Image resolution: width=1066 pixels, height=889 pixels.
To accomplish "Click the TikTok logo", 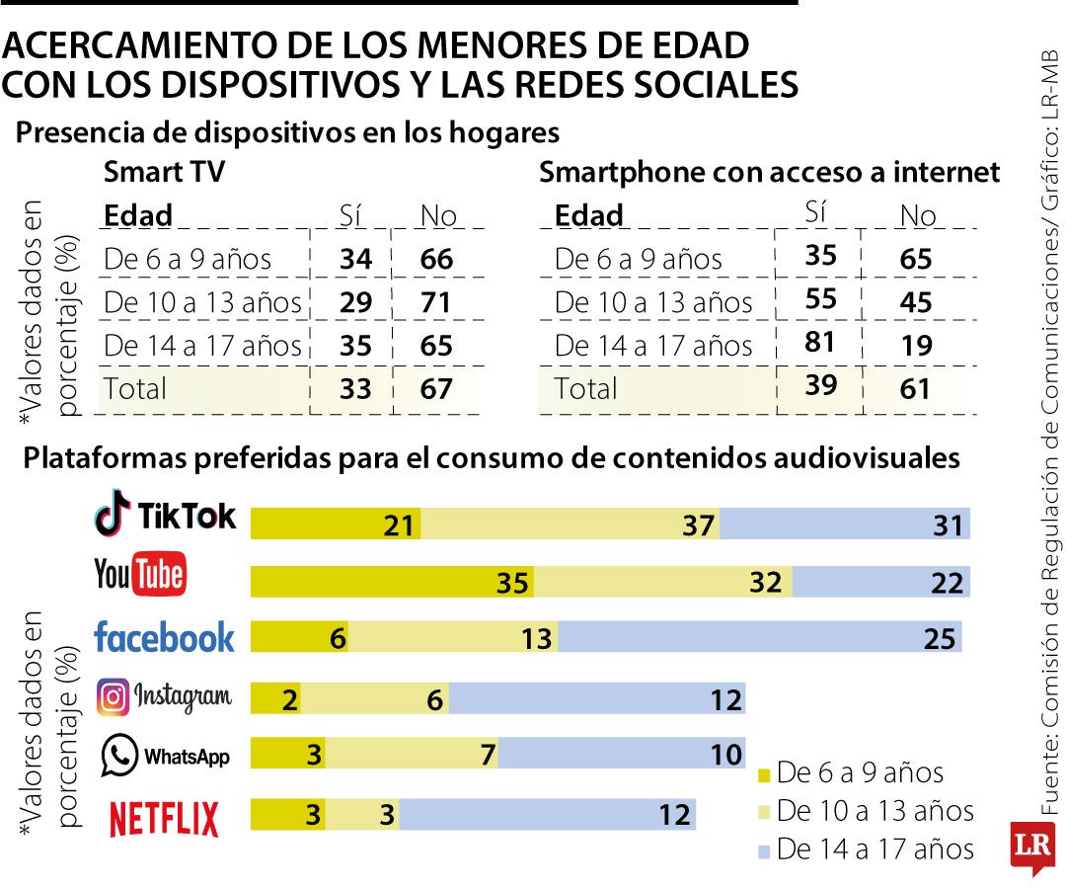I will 165,515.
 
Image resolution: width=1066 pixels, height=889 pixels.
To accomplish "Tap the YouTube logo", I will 140,575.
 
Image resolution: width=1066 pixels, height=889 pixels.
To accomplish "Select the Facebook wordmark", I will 164,638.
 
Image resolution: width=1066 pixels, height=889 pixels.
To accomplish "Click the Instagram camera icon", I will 114,697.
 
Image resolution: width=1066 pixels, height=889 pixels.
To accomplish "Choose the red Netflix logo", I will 164,819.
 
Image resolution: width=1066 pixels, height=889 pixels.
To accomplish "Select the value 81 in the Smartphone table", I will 820,342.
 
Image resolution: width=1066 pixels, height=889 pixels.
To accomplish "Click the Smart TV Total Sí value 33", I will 355,388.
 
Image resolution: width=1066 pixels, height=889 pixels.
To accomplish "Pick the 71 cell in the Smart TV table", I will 436,302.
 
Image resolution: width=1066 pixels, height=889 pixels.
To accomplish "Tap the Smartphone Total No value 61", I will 916,388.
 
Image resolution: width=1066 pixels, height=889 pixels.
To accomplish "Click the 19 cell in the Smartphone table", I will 916,345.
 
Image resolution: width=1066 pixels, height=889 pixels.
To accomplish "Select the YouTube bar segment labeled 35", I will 392,583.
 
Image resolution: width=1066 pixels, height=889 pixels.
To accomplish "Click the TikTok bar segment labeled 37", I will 571,525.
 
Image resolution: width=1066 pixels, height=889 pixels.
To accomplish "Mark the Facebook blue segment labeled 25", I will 759,638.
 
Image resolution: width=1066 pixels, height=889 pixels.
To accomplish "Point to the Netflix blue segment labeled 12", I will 548,815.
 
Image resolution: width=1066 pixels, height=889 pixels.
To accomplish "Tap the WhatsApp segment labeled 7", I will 412,755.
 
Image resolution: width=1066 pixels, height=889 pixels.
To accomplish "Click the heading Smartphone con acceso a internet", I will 769,173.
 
